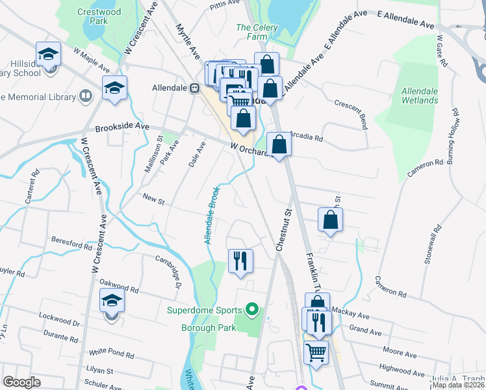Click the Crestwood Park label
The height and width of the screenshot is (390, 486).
(x=92, y=16)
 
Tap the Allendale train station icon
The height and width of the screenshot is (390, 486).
(x=194, y=88)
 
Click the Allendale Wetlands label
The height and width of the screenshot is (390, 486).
(x=420, y=96)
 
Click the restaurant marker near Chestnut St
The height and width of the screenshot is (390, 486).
(x=240, y=261)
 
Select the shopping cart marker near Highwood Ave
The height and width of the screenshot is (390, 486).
(x=316, y=353)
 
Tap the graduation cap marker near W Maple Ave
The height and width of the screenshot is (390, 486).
(x=114, y=87)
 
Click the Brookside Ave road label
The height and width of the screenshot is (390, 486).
(x=123, y=127)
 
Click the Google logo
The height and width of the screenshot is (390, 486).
(x=22, y=382)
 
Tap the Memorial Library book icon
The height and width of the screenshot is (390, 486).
(x=84, y=97)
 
